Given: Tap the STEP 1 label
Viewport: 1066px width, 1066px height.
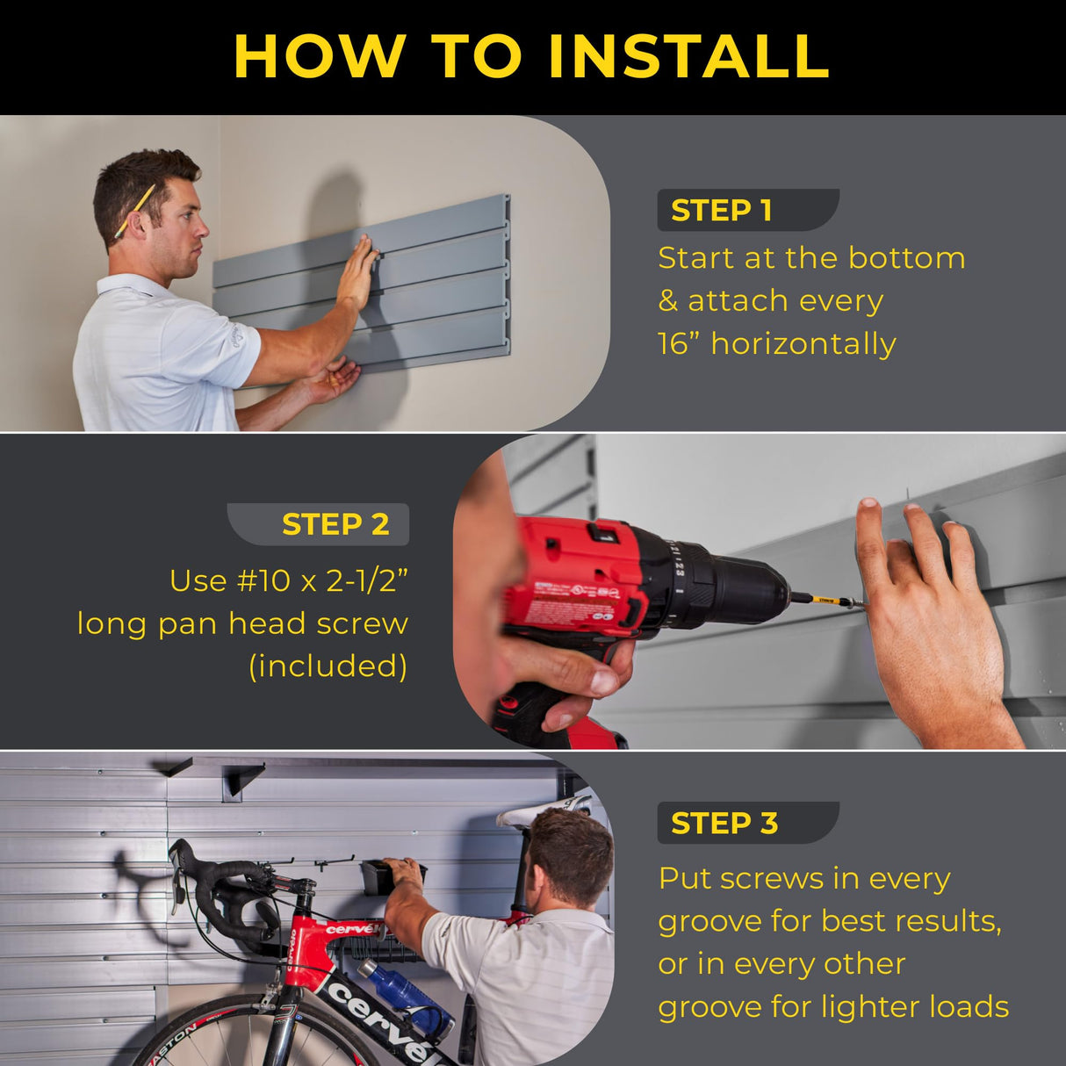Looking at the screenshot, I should click(722, 211).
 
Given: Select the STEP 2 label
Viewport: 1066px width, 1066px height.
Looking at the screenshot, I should click(335, 524).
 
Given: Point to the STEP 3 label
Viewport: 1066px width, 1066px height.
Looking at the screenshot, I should click(724, 824).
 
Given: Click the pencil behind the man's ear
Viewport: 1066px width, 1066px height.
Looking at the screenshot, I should click(134, 212).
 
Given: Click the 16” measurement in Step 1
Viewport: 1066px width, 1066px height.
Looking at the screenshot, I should click(677, 343).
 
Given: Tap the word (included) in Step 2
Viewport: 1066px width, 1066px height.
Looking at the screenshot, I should click(328, 666).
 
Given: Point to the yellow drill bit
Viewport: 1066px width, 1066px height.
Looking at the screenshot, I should click(826, 601).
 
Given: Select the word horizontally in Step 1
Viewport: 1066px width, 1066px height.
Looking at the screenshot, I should click(803, 343).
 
